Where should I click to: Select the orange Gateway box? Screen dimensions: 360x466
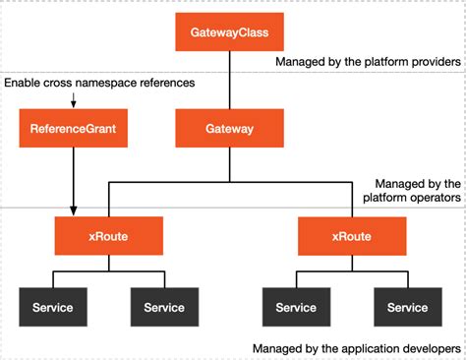[230, 128]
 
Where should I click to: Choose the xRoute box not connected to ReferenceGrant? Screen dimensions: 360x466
[349, 237]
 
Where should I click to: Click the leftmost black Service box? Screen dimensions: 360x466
[52, 307]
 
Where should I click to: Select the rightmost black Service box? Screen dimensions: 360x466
[407, 307]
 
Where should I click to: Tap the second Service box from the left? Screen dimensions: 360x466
[164, 307]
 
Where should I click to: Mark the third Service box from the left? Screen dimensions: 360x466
[296, 307]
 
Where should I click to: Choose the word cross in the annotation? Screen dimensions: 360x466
[62, 83]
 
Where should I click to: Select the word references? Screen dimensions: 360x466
[165, 83]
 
